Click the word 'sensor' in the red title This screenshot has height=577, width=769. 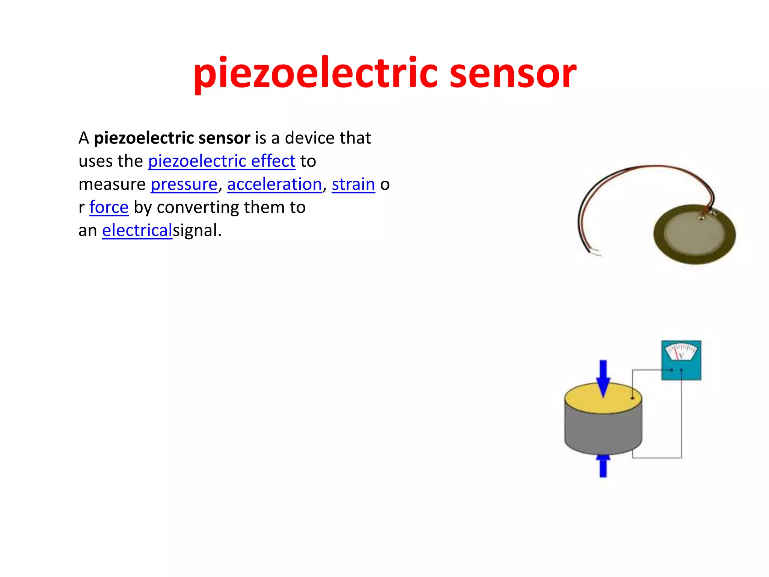(x=513, y=73)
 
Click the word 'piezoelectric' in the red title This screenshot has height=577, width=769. (x=315, y=73)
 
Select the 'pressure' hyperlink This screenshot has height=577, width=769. (x=184, y=184)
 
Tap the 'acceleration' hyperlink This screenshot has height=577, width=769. (x=274, y=184)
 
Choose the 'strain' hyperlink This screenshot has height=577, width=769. (x=353, y=184)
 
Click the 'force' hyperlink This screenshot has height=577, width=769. (x=109, y=207)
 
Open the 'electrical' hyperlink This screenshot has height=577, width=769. (x=137, y=230)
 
